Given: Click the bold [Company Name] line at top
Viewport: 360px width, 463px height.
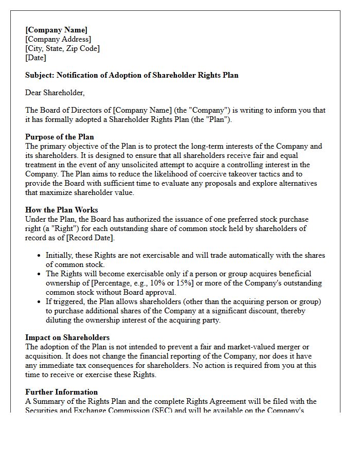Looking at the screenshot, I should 56,30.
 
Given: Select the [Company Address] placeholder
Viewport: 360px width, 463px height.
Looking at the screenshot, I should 58,39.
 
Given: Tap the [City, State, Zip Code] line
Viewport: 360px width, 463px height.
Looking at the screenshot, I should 62,48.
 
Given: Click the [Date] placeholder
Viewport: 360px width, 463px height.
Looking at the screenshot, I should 35,58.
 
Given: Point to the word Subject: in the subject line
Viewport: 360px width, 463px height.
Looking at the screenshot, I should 40,75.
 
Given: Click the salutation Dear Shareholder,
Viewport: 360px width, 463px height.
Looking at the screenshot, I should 55,93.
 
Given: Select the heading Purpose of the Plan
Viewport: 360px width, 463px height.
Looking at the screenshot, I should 60,137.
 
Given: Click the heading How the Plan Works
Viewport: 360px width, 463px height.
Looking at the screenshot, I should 62,210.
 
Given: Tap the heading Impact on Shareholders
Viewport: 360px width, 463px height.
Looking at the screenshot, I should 67,337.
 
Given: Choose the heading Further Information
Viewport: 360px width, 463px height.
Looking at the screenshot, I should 62,392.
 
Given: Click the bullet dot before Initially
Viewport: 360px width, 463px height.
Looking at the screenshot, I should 40,256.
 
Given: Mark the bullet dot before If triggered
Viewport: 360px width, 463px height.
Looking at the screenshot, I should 40,301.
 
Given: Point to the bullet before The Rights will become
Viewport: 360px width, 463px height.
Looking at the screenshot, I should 40,274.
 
